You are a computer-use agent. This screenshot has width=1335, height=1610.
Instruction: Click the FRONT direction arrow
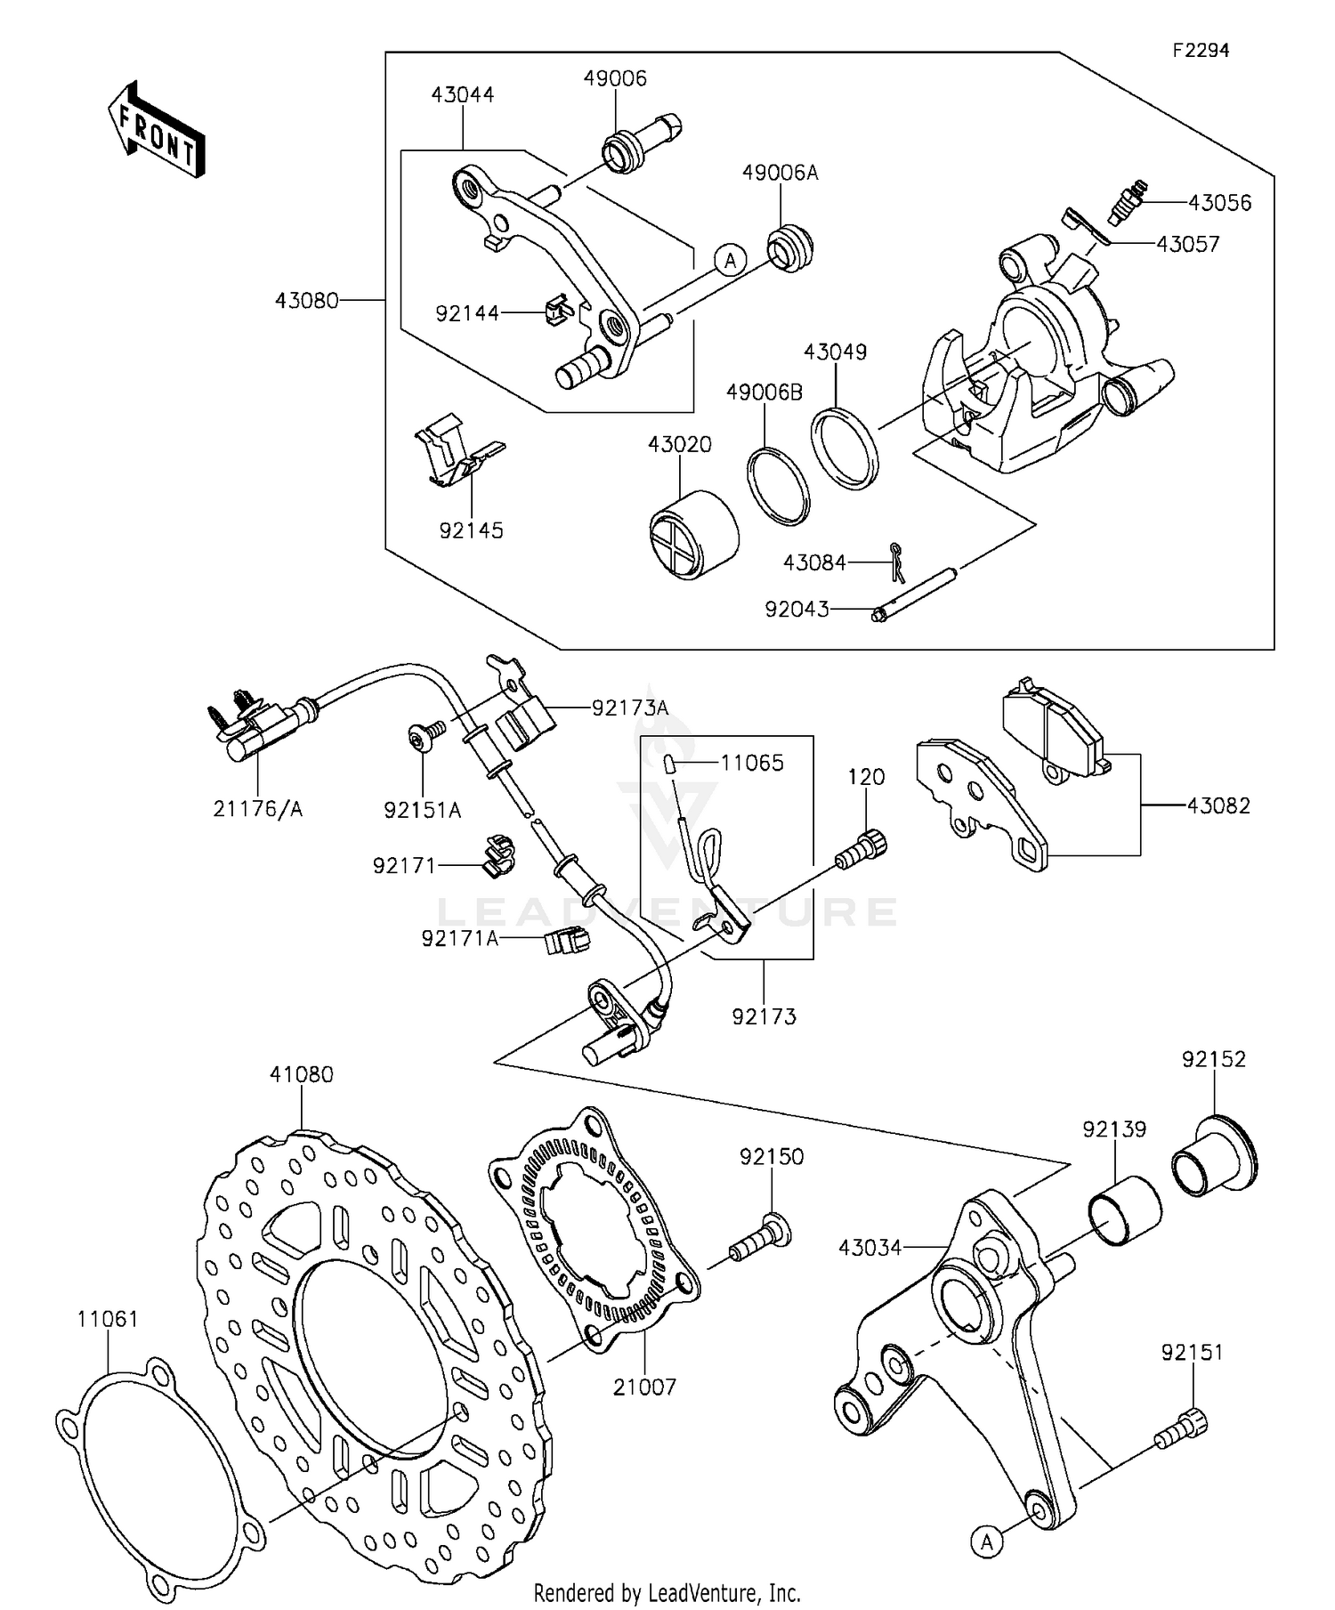[x=157, y=130]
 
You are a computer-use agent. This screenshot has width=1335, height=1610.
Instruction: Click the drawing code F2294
[x=1200, y=51]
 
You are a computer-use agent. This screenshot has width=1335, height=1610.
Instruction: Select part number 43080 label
[x=306, y=301]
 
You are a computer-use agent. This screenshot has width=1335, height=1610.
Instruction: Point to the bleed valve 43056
[x=1129, y=202]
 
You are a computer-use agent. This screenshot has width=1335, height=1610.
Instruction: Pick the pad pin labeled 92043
[x=917, y=594]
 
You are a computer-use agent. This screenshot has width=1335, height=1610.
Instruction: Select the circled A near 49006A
[x=730, y=260]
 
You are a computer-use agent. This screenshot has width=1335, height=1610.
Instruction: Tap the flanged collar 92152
[x=1213, y=1156]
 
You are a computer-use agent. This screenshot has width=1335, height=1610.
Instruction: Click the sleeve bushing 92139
[x=1124, y=1210]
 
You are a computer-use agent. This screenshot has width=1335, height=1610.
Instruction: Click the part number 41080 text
[x=301, y=1074]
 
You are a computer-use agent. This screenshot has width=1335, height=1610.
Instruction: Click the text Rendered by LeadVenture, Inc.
[x=667, y=1592]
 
